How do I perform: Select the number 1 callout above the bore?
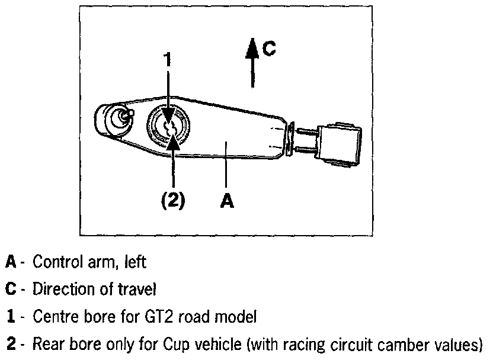pos(168,60)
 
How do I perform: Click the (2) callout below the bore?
pos(173,200)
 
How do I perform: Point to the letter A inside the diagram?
pos(227,201)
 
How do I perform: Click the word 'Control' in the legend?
pos(55,261)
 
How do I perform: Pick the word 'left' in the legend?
pos(137,261)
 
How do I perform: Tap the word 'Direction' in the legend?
pos(62,290)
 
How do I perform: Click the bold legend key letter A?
pos(11,261)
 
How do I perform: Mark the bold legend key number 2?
pos(10,345)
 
